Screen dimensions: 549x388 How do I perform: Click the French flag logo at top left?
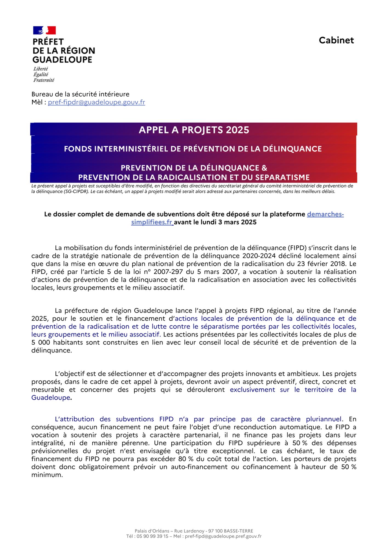click(44, 30)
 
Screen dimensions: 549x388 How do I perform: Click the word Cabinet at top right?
click(336, 40)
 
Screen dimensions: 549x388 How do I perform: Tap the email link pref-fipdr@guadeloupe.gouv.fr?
click(96, 102)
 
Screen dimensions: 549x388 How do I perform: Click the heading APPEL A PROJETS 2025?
click(194, 130)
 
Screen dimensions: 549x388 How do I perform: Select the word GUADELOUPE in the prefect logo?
click(62, 60)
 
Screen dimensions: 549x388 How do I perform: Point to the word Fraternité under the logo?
click(44, 80)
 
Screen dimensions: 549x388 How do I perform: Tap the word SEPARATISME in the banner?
click(284, 177)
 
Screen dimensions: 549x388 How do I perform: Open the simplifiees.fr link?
click(152, 222)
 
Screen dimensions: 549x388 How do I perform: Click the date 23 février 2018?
click(323, 264)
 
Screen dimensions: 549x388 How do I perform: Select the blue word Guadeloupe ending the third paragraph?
click(51, 397)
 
